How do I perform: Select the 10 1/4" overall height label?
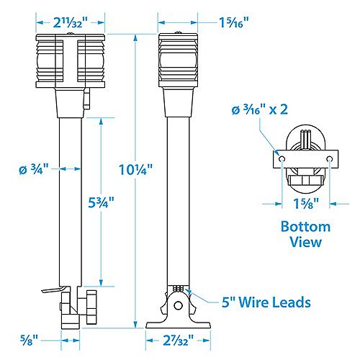135,171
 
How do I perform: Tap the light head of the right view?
176,61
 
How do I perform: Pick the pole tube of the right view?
176,202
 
